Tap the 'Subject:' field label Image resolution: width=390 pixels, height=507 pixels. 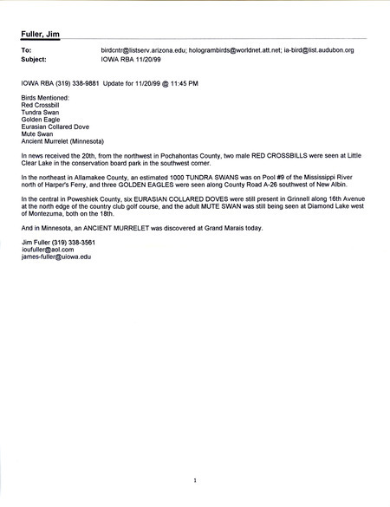[x=34, y=62]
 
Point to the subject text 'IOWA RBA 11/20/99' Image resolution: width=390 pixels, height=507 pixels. [x=129, y=62]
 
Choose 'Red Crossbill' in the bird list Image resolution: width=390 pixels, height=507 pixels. [x=41, y=106]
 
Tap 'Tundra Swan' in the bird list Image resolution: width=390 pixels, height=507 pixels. [x=40, y=113]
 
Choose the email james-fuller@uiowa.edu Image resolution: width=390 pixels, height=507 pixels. [x=56, y=257]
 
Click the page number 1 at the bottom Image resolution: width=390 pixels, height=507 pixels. [x=196, y=479]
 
